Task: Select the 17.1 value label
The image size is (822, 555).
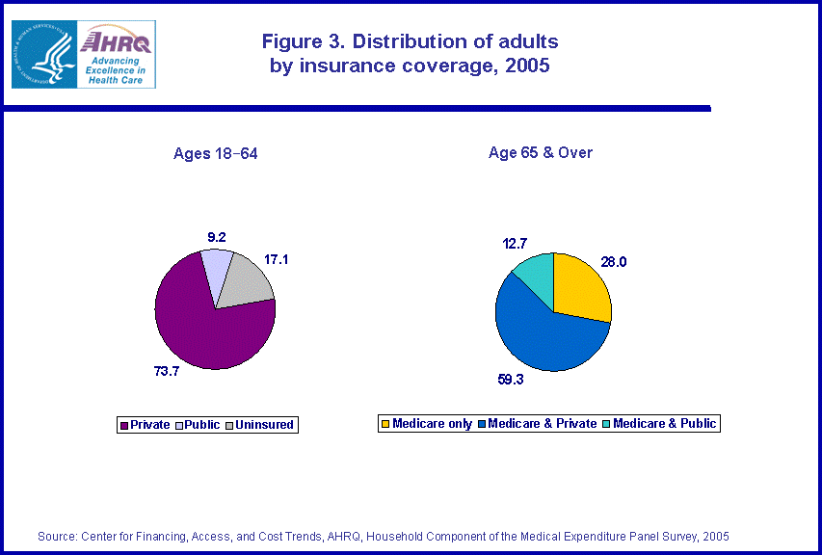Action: point(277,258)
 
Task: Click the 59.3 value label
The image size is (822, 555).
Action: point(511,381)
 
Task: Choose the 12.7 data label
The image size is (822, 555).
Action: point(516,243)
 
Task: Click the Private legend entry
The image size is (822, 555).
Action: point(147,425)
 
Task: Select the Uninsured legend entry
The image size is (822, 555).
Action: point(260,425)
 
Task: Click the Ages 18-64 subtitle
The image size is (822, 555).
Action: point(215,154)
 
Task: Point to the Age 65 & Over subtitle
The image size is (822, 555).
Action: point(541,153)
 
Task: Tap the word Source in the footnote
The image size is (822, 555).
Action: point(57,536)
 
